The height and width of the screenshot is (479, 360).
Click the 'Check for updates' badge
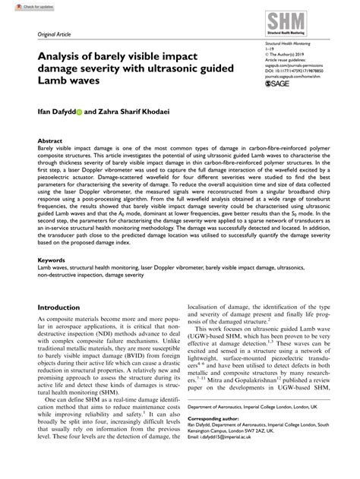(23, 5)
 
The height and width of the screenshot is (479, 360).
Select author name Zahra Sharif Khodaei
(134, 110)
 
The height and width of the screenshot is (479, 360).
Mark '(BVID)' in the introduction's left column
(145, 355)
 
